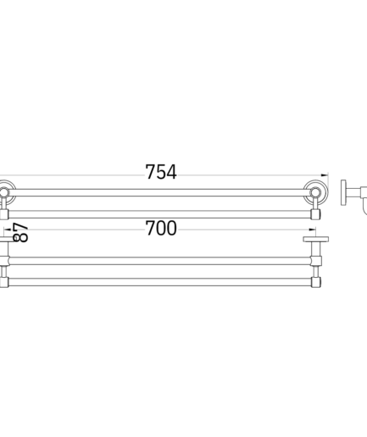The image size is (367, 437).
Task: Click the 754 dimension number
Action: [x=161, y=172]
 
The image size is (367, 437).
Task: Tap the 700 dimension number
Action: [x=161, y=228]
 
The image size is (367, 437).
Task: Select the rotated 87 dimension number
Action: [x=20, y=233]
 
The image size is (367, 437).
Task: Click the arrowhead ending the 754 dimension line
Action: [x=325, y=175]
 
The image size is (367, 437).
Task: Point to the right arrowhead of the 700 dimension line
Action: [x=312, y=230]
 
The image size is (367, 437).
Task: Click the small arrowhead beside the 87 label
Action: [x=8, y=230]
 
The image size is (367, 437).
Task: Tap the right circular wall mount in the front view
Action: [x=315, y=192]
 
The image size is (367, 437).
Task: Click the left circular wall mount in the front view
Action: [x=4, y=192]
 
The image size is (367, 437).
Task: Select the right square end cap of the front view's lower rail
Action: [x=315, y=214]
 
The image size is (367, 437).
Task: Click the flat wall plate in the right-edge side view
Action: [x=343, y=192]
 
